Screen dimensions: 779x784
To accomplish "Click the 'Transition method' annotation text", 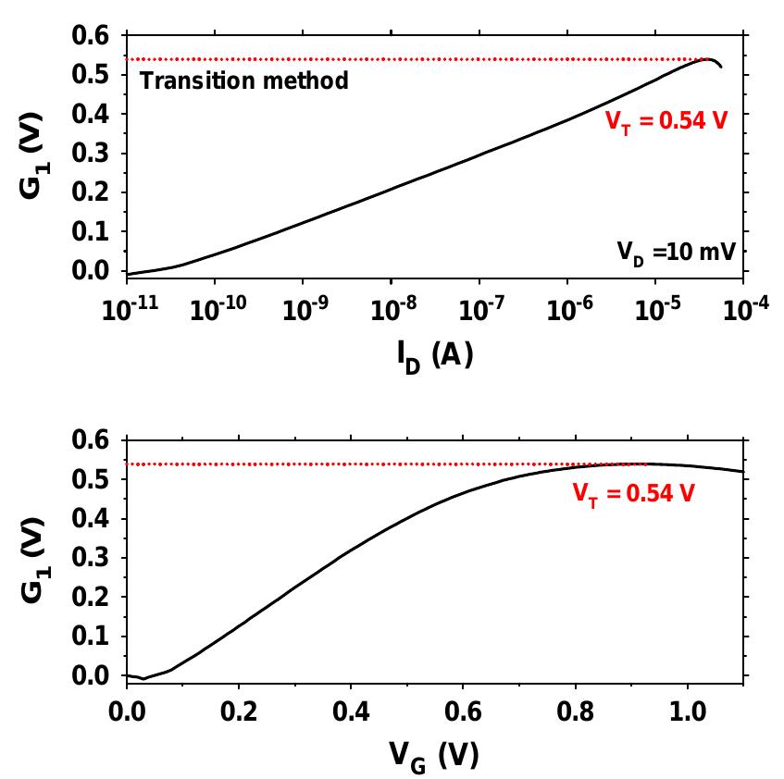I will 243,81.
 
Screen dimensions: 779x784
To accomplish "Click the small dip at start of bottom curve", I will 143,679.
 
